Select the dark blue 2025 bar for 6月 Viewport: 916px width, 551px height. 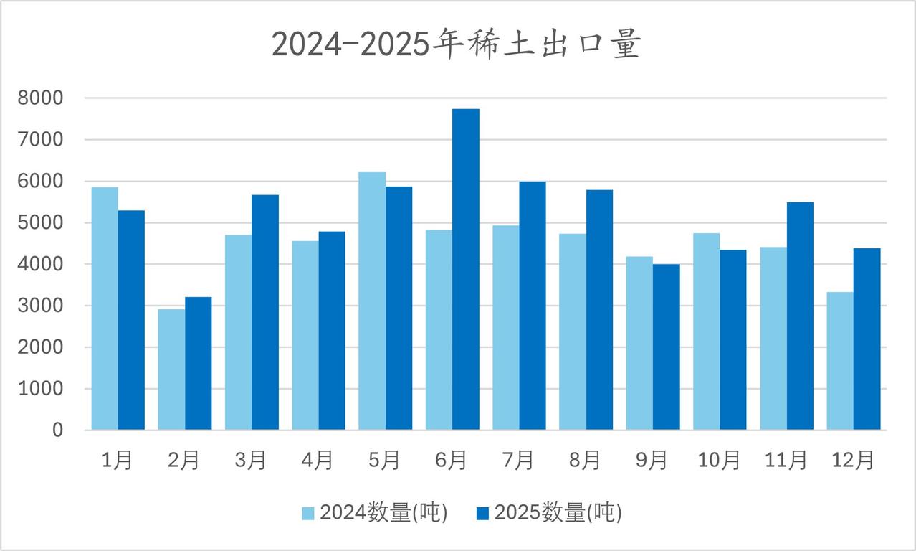[x=466, y=269]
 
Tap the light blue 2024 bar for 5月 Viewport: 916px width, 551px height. [x=372, y=301]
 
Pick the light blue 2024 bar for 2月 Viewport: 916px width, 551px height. [x=171, y=369]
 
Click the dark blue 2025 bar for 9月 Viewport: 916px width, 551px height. [x=667, y=347]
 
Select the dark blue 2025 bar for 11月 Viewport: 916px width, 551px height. [x=800, y=316]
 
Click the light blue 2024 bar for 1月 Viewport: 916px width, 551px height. [x=105, y=309]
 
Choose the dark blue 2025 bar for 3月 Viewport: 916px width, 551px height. [x=265, y=312]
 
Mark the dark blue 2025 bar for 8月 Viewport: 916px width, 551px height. [x=599, y=310]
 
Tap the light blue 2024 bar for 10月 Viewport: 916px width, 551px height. [x=706, y=331]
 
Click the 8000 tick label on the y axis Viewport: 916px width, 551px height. [x=40, y=98]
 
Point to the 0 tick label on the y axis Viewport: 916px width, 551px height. [x=57, y=430]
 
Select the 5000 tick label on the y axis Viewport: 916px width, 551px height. [x=40, y=223]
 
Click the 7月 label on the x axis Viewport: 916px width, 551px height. [x=518, y=461]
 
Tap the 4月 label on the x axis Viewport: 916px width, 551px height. [x=318, y=461]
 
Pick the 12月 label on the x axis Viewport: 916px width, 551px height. [x=853, y=461]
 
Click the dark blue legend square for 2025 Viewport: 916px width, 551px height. [x=483, y=513]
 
